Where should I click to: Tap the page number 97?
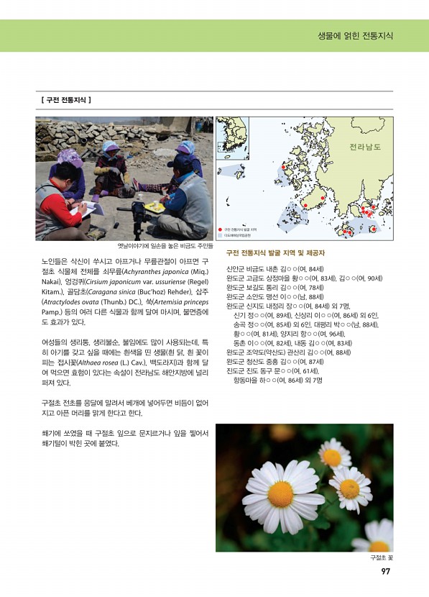(385, 573)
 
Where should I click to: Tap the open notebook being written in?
(91, 210)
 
